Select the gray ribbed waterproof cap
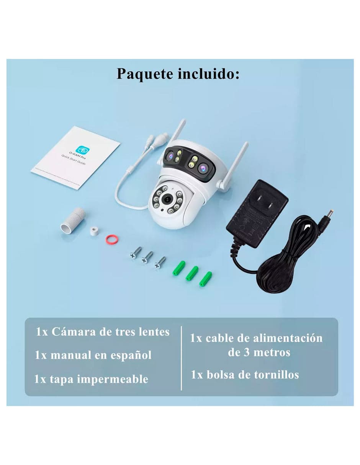pos(73,220)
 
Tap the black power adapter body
pos(257,214)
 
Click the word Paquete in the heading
pos(145,74)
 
